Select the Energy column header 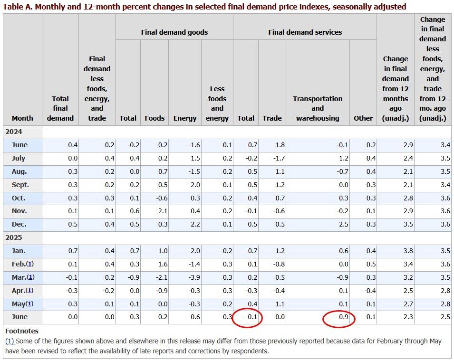(185, 118)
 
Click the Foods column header (155, 118)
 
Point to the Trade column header (272, 118)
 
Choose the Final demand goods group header (174, 32)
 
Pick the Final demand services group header (305, 32)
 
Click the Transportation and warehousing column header (318, 108)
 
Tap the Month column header (22, 118)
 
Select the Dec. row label (19, 224)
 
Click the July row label (19, 158)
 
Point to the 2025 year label (14, 237)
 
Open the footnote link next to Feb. (30, 264)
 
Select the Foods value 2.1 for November (163, 211)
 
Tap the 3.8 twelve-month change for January (407, 251)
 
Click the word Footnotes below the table (22, 331)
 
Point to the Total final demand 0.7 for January (72, 251)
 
